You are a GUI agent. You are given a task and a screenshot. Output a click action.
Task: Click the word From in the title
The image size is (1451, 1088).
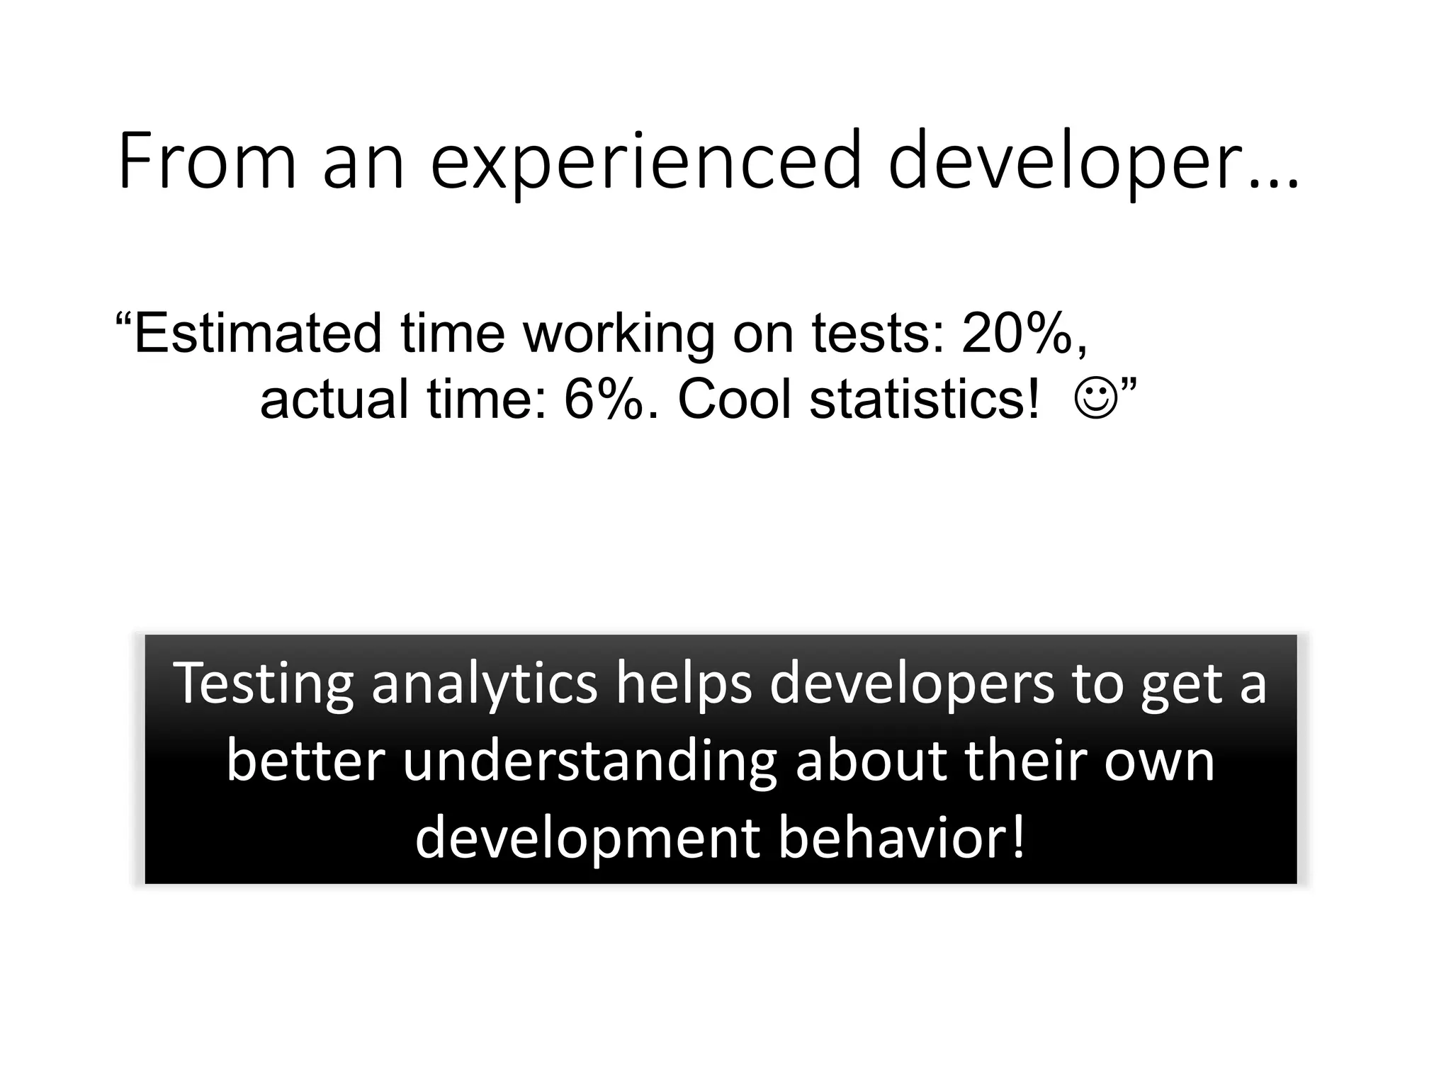click(206, 161)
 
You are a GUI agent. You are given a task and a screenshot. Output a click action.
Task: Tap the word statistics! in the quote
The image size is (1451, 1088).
click(925, 399)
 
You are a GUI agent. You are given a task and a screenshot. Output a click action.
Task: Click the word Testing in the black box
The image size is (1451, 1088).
click(263, 684)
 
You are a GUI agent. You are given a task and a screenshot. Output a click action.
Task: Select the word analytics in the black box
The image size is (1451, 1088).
click(484, 684)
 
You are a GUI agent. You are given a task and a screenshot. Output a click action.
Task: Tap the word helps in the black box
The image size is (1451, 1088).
click(683, 684)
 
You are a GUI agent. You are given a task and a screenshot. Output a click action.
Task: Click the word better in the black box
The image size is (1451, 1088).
click(305, 761)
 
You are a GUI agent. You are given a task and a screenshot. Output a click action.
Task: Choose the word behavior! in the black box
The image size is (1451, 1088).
click(901, 839)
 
